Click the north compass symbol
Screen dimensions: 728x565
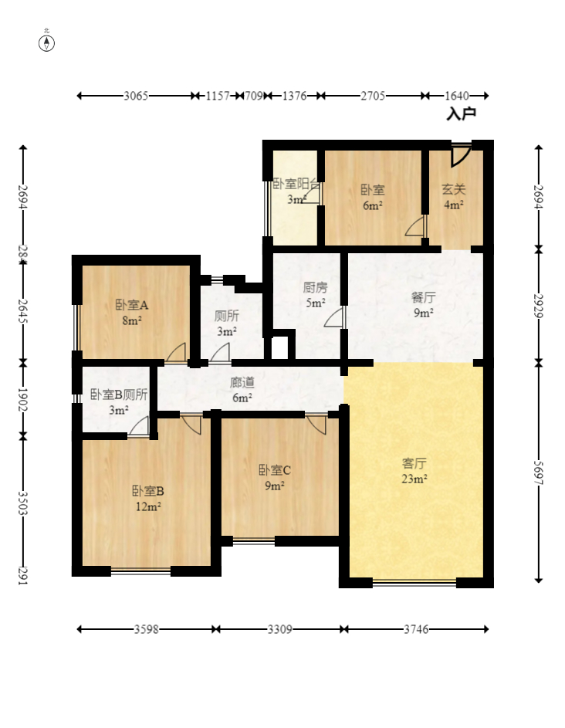click(47, 42)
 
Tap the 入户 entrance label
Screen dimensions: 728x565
click(462, 113)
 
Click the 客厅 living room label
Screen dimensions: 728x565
click(414, 464)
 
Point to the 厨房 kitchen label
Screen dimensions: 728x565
click(315, 287)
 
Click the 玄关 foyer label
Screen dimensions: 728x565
click(453, 189)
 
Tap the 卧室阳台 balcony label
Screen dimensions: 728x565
click(296, 185)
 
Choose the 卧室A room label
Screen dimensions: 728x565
click(131, 305)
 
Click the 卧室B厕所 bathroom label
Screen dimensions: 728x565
click(119, 394)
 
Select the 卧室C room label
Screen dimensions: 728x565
click(275, 469)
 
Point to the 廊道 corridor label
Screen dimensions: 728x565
click(242, 382)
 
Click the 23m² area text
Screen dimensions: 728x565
click(414, 479)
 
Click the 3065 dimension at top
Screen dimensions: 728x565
click(136, 96)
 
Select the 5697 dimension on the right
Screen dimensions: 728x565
click(539, 472)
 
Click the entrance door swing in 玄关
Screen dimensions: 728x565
click(461, 154)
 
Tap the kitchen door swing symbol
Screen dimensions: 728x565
click(335, 317)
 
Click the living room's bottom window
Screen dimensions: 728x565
click(414, 582)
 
